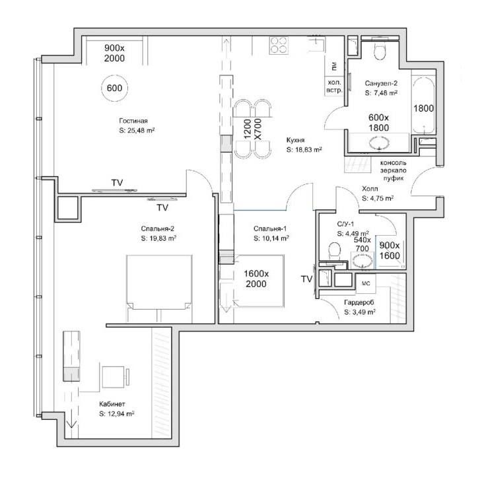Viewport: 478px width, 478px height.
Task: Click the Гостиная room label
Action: (x=133, y=121)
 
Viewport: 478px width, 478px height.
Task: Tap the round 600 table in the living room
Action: (x=115, y=88)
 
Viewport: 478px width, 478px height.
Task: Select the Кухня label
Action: (x=295, y=140)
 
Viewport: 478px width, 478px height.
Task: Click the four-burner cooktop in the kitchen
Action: (x=279, y=45)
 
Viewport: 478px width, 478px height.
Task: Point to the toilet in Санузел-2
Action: (x=380, y=51)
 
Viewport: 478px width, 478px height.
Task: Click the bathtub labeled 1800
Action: (x=423, y=104)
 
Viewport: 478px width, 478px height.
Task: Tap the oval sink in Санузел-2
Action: (x=380, y=143)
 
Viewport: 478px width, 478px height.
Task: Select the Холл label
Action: (x=370, y=189)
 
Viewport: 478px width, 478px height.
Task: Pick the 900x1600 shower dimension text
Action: (x=390, y=250)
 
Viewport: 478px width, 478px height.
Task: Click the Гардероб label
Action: (x=358, y=302)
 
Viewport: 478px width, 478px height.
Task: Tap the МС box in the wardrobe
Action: (x=366, y=283)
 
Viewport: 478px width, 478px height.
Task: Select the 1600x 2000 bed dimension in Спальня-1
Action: (x=256, y=279)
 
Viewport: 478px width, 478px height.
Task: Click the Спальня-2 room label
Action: (x=157, y=228)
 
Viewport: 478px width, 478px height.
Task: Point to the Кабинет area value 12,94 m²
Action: (x=120, y=414)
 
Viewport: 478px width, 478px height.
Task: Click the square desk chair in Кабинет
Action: (x=113, y=377)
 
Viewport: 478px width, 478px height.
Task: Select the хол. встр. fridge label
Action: (x=335, y=86)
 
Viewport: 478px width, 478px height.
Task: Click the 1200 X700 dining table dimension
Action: (x=253, y=129)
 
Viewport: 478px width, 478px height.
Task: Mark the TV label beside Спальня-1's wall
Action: (x=307, y=279)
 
